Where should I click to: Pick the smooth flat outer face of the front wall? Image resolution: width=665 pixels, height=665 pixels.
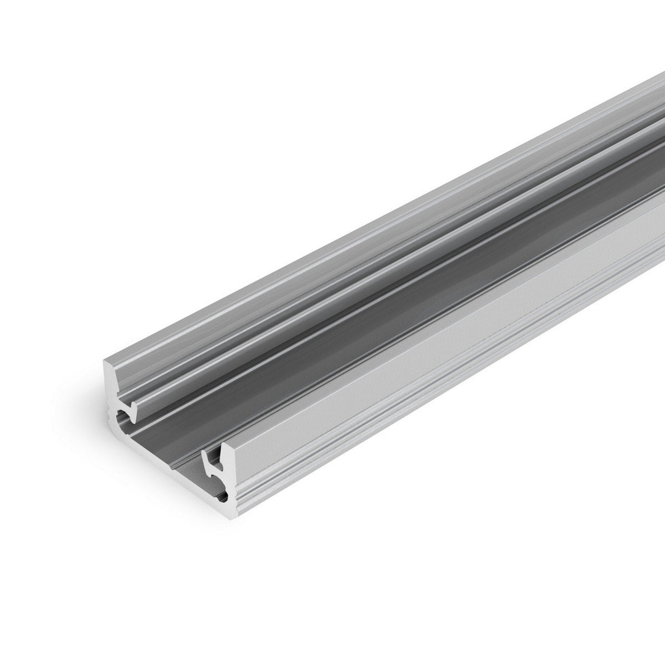pos(399,364)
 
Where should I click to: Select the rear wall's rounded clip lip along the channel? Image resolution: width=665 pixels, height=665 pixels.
pos(310,306)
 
